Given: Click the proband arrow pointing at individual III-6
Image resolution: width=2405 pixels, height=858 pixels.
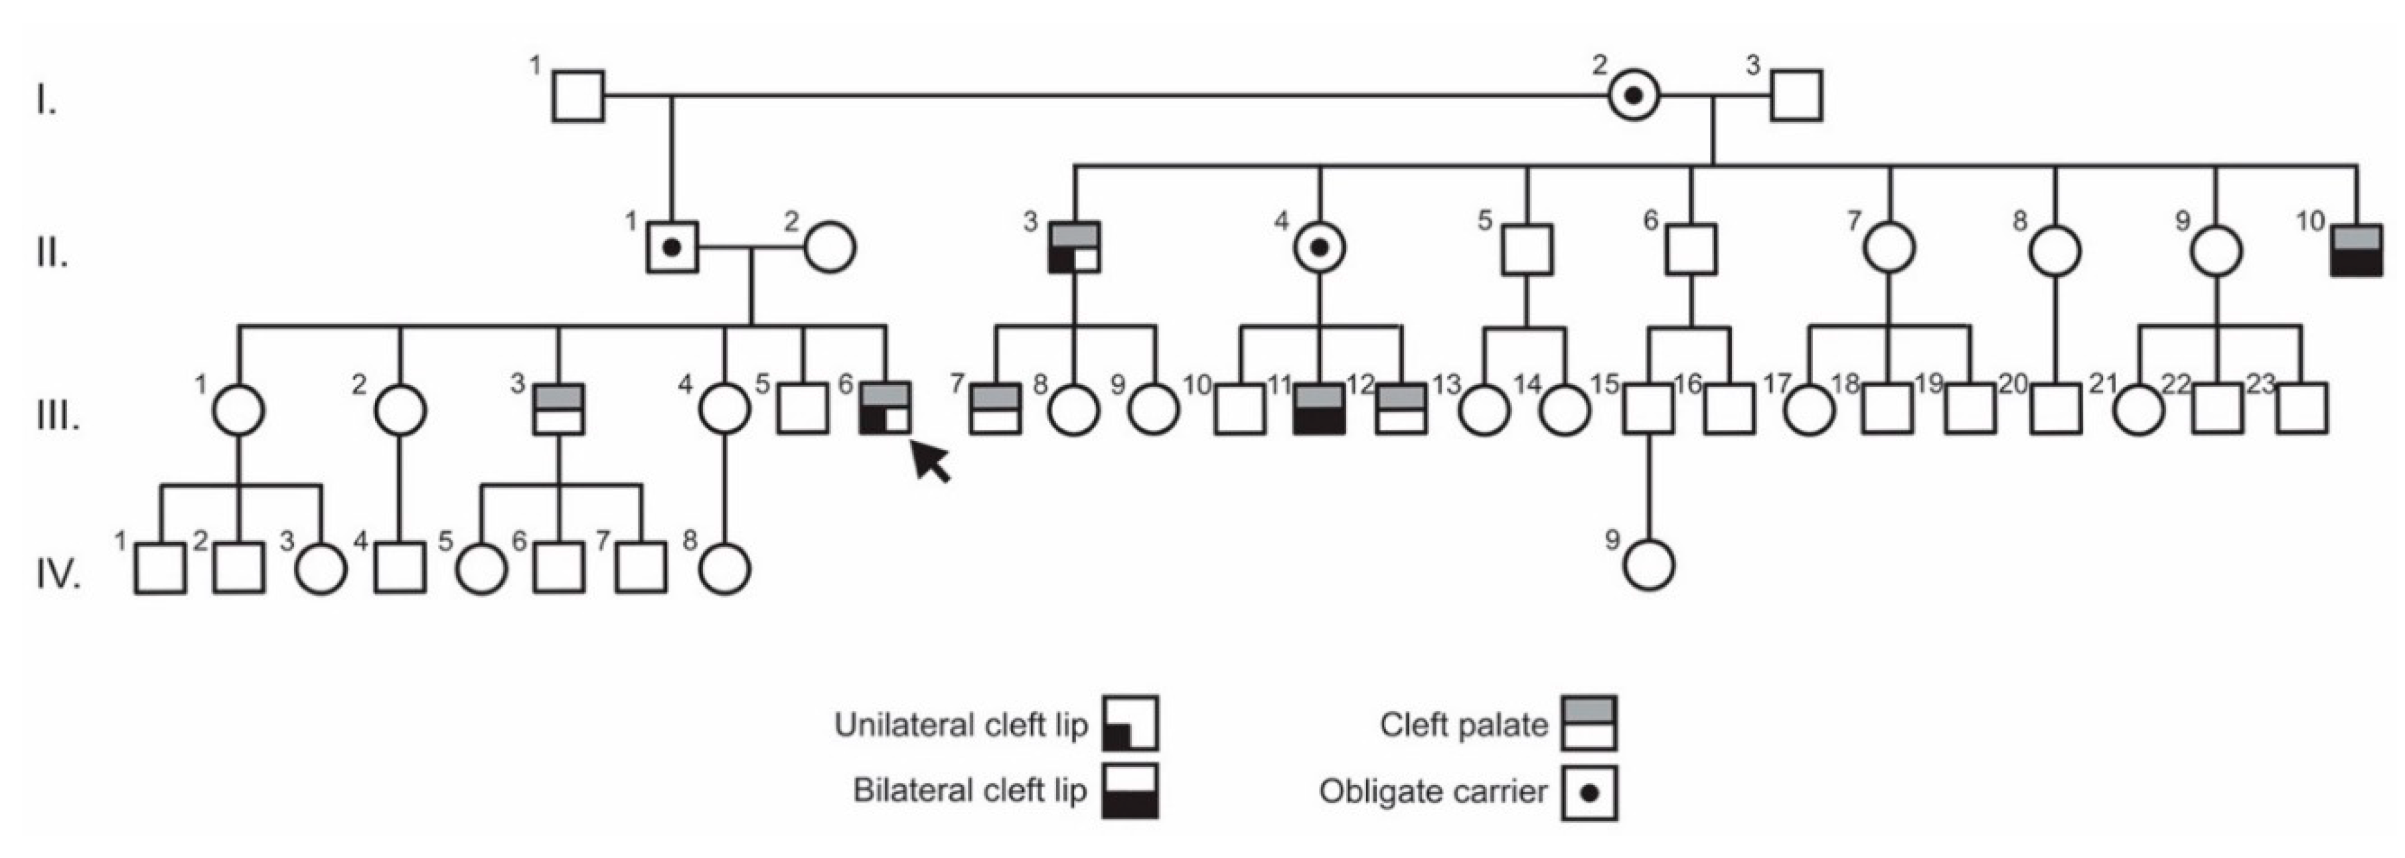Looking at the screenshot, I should (932, 462).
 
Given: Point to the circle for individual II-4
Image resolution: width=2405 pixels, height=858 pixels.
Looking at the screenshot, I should (1319, 248).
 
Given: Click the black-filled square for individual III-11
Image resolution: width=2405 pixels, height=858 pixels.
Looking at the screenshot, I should (1319, 409).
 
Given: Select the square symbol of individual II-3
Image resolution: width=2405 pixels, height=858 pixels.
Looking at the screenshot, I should (1073, 248).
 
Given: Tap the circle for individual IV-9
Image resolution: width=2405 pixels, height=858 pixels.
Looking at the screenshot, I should (1649, 565).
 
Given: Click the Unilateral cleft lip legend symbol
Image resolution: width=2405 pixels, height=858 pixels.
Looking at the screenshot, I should (1130, 724).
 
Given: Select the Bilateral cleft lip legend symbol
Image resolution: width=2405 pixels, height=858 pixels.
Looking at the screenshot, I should (1130, 791).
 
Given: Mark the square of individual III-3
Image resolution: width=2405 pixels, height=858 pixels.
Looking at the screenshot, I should (558, 409).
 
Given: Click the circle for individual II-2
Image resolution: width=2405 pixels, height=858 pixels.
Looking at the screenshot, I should (830, 248).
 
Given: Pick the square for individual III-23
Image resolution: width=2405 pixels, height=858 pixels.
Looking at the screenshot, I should (2301, 409).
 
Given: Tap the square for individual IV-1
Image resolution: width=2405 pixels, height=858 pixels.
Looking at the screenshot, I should (160, 568).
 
